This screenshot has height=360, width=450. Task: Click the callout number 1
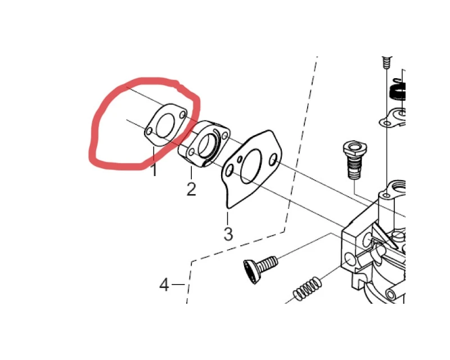coord(154,170)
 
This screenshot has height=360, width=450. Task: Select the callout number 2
coord(191,189)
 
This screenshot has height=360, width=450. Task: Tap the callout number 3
coord(228,234)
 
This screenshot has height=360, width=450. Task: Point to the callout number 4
coord(164,285)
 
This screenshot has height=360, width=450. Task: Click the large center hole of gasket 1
coord(164,125)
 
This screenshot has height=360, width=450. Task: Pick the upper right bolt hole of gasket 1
coord(182,115)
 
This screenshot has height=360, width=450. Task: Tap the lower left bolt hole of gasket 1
coord(149,132)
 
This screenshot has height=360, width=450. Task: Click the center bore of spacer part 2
coord(205,146)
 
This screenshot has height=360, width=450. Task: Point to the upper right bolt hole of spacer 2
coord(226,135)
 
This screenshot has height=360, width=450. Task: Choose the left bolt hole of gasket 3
coord(229,172)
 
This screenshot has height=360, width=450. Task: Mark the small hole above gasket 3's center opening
coord(240,158)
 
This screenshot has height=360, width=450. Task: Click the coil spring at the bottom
coord(307,289)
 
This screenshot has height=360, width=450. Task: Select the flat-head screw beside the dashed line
coord(260,268)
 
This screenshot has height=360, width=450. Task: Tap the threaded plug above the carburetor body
coord(354,160)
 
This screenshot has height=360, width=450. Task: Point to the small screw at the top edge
coord(386,62)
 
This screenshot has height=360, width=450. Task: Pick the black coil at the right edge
coord(398,91)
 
